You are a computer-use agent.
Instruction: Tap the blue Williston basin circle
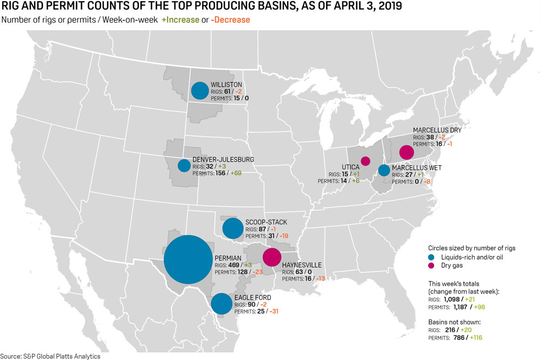pos(200,90)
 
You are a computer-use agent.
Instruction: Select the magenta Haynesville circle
pos(272,257)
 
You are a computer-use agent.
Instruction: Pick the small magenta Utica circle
pos(365,160)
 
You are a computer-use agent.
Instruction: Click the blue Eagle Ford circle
pos(221,304)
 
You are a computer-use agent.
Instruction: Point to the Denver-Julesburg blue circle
pos(184,165)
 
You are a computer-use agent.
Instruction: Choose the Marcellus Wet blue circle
pos(384,171)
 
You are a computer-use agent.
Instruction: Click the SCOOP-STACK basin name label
pos(266,222)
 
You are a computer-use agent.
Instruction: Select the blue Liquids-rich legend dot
pos(431,257)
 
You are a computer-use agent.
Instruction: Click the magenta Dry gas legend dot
pos(431,266)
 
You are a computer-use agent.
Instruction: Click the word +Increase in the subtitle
pos(182,20)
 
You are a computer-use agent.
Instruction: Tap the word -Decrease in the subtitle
pos(232,20)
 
